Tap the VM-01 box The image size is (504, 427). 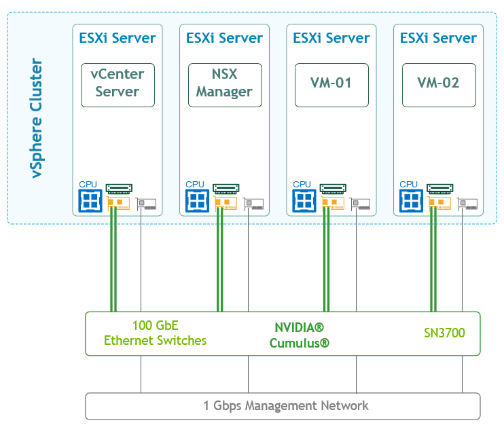331,85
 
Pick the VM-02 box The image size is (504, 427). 439,85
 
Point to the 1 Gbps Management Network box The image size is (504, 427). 283,406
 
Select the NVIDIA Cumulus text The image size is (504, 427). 299,334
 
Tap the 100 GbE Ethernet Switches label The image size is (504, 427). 156,333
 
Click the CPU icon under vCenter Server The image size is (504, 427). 90,200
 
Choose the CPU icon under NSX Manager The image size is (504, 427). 197,200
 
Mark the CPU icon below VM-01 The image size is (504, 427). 304,200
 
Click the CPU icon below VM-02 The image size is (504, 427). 410,200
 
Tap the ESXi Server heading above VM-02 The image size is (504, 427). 439,38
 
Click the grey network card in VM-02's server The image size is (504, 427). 468,203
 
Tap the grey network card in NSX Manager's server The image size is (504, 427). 254,203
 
